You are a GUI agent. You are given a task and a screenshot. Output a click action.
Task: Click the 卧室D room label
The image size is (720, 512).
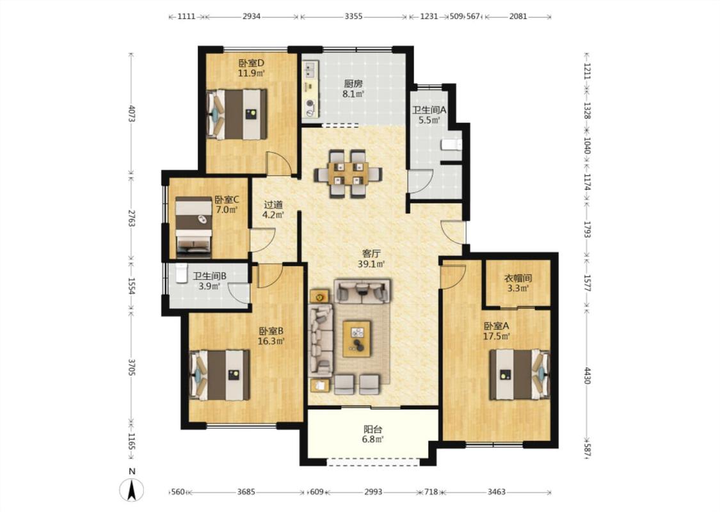coord(251,63)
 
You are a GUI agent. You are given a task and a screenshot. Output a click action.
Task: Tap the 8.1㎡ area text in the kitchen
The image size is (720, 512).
coord(353,94)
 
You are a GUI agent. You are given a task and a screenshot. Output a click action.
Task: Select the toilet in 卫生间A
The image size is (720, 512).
coord(451,145)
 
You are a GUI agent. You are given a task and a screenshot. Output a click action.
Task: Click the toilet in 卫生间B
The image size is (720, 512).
coord(182,273)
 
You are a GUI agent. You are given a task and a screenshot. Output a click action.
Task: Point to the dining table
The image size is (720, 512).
coord(348,173)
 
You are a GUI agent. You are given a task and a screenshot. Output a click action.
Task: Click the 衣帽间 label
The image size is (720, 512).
coord(518,278)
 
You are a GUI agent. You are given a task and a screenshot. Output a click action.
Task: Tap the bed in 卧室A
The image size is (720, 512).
coord(519,374)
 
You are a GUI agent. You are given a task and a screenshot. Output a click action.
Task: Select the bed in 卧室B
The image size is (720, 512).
coord(220,374)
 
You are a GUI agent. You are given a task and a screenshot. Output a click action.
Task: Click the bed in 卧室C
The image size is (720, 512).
coord(193,226)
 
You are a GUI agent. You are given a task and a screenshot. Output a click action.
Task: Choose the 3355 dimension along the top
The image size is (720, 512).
coord(353,17)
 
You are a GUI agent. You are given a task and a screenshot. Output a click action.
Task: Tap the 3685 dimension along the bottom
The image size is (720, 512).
coord(246,492)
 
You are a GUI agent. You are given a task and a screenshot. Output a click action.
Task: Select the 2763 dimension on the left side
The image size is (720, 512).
coord(131,218)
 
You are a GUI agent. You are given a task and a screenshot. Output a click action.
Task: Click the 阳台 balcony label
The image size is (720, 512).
coord(373,430)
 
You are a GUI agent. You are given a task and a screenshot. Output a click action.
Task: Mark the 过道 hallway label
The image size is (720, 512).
coord(273,205)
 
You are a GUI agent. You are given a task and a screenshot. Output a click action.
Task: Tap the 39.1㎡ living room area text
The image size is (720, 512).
coord(371,264)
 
